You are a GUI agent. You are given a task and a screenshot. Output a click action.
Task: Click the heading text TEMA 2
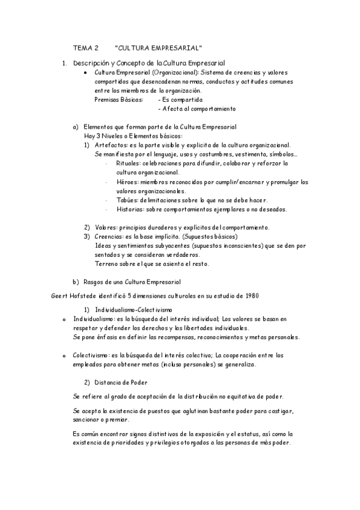pos(85,48)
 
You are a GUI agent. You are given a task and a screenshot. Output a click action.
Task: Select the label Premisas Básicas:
pos(119,99)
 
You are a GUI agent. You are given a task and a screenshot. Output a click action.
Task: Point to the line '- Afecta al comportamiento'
pos(197,109)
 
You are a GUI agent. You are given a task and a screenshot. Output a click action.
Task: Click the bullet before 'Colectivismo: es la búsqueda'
pos(64,356)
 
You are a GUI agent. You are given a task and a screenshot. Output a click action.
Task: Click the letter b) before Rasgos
pos(75,281)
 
